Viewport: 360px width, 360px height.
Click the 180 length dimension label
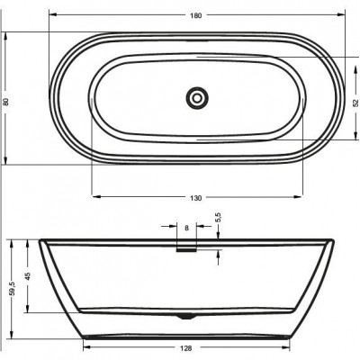point(195,15)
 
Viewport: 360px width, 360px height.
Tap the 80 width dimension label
point(5,102)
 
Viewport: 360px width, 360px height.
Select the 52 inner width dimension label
point(355,103)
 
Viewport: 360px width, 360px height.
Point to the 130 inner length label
point(195,198)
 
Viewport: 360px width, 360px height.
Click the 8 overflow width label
point(186,228)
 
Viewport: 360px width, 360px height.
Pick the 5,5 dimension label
point(218,217)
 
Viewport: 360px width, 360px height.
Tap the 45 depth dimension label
point(28,276)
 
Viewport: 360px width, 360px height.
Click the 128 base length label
point(186,348)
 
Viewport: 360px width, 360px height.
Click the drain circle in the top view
point(197,98)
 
